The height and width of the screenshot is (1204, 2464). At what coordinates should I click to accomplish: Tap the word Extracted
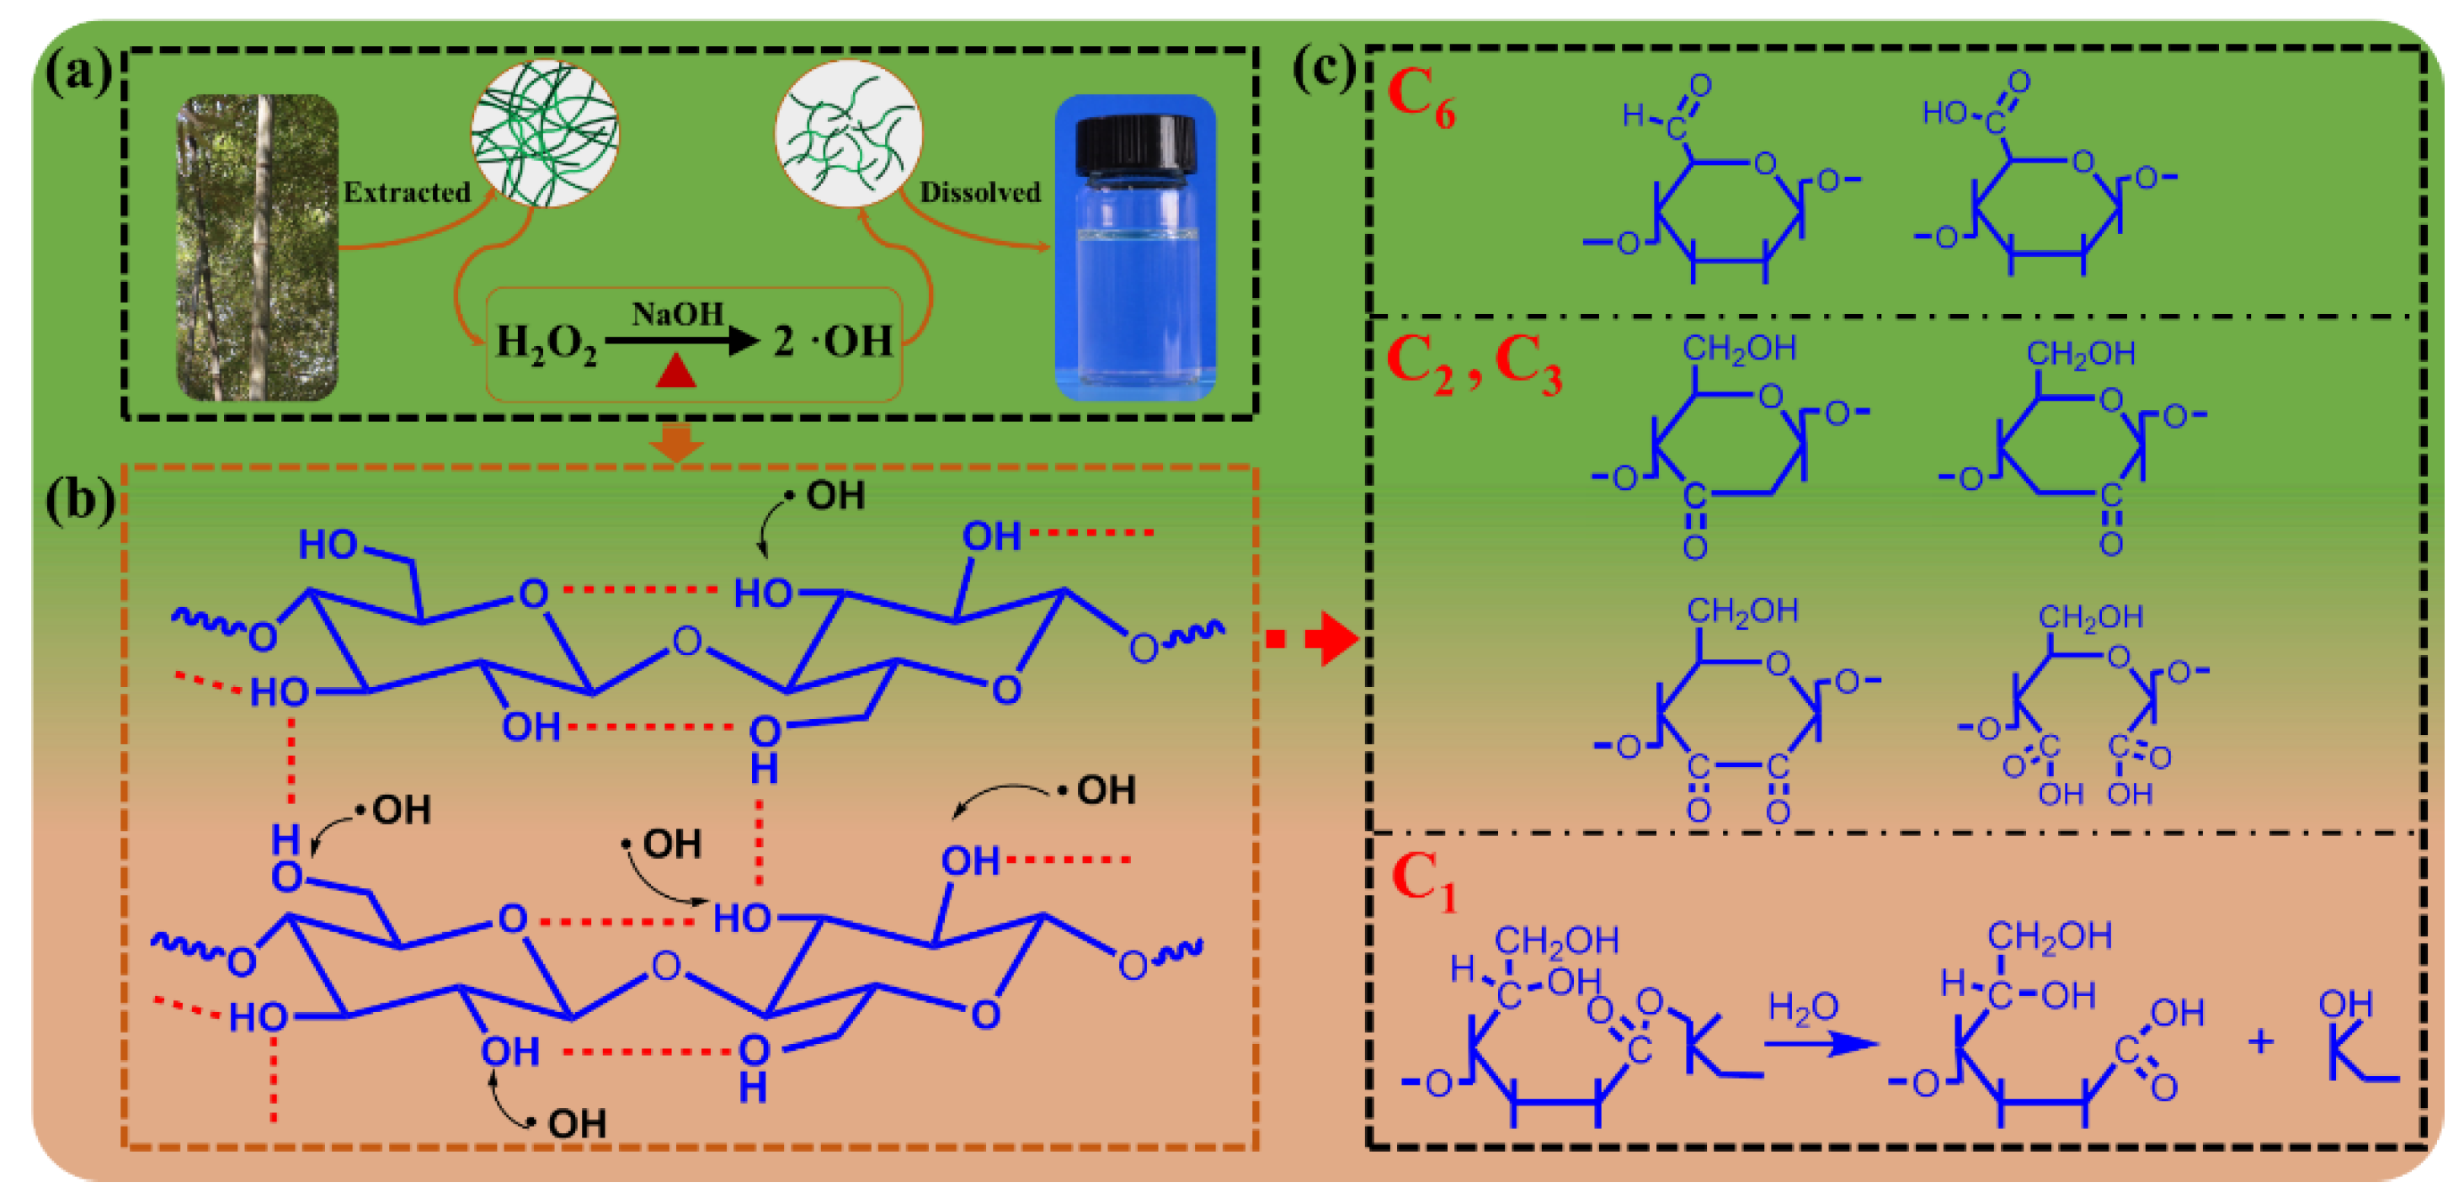tap(407, 192)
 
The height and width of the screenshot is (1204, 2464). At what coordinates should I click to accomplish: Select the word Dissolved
tap(979, 192)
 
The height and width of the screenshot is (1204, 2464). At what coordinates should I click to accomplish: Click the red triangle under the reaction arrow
tap(675, 371)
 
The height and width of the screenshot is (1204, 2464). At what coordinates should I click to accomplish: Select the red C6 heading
tap(1421, 99)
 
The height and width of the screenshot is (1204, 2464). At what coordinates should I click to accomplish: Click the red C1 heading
tap(1423, 881)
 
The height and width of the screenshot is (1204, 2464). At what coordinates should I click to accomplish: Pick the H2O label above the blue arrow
tap(1803, 1007)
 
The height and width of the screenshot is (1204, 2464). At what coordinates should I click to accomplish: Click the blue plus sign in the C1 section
tap(2260, 1041)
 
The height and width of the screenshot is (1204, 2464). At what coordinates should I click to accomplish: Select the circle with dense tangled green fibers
tap(544, 133)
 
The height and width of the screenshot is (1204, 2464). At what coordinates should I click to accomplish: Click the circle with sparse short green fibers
tap(847, 133)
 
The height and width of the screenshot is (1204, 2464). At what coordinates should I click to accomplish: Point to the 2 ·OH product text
tap(832, 341)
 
